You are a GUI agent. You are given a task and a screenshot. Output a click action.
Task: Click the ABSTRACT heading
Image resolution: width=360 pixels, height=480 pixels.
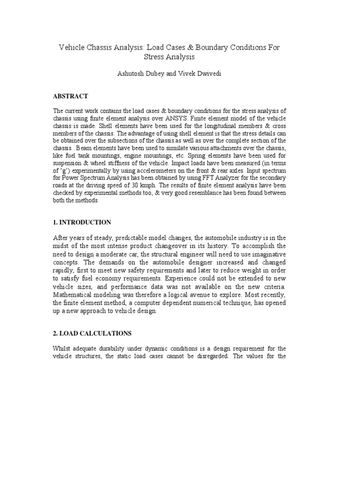tap(70, 96)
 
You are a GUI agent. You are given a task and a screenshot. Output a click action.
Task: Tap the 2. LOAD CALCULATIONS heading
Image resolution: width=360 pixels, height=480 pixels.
tap(92, 334)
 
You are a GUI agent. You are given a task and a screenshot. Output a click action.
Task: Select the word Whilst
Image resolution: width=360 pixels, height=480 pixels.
tap(63, 349)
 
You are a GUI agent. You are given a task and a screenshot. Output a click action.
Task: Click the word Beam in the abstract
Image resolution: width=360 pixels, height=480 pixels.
tap(85, 148)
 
